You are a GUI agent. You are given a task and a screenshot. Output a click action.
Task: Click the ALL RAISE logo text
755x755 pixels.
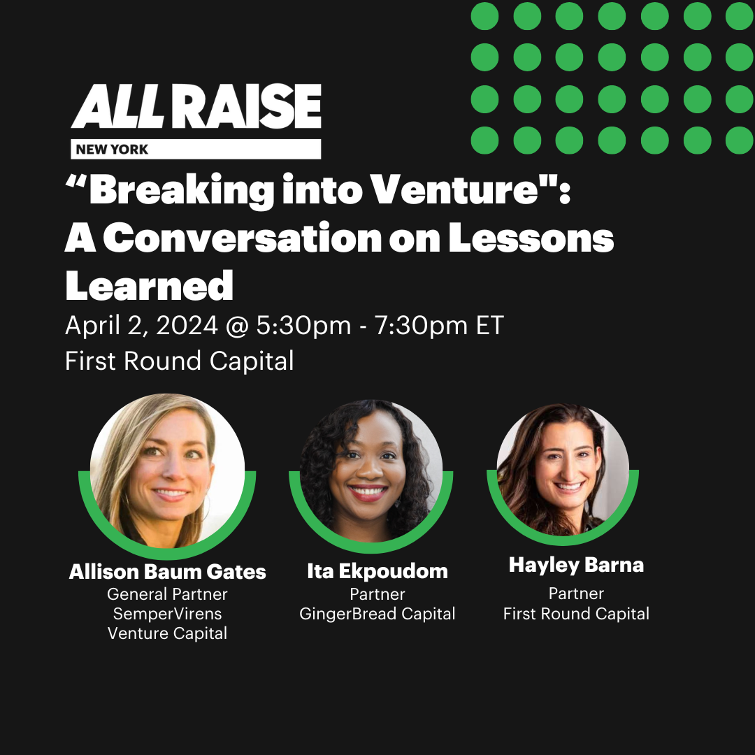196,106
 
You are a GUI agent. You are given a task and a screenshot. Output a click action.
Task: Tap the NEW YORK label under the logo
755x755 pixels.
112,150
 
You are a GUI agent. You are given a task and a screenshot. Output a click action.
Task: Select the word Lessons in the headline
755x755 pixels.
531,238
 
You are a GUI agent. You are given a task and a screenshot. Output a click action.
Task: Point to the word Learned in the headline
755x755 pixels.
150,285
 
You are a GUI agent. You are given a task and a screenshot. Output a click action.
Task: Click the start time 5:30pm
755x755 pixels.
303,326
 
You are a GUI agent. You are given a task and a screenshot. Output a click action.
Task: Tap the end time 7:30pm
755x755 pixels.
421,326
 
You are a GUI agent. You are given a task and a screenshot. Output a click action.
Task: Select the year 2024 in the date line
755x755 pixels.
187,326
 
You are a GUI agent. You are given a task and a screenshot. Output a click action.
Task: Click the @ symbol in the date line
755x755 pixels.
237,326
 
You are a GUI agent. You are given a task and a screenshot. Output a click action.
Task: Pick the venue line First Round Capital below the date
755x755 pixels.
179,361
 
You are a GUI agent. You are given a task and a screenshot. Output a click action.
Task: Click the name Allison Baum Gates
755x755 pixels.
167,572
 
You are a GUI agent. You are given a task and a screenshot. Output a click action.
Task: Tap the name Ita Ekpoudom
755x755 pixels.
377,572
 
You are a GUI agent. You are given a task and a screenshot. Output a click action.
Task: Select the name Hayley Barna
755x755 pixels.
576,566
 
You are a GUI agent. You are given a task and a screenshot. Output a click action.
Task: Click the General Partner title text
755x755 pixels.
167,594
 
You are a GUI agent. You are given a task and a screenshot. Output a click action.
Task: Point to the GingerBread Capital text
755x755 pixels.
377,614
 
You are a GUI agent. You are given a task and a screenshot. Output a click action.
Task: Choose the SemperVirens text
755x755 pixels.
167,614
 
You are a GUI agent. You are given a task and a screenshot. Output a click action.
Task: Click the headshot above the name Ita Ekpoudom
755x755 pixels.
371,471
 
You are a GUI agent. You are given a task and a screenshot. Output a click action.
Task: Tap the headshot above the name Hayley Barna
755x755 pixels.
563,470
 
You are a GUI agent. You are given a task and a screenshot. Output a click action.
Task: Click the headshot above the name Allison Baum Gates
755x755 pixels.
167,471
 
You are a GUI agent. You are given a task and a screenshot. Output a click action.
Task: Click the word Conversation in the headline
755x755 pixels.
243,238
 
